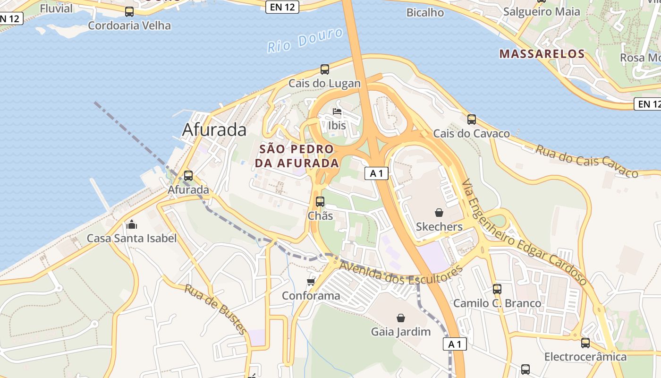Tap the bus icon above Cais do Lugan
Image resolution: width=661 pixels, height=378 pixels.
325,69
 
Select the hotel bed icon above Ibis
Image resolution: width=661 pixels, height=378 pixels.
337,112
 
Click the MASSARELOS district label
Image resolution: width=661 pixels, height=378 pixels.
542,54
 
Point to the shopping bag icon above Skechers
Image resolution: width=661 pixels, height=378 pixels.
439,213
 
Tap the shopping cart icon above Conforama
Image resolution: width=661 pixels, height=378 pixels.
311,282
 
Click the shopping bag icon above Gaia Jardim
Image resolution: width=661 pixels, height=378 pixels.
401,318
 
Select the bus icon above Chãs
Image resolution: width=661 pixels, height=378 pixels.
320,202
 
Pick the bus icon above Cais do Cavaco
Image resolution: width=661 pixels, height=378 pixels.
471,120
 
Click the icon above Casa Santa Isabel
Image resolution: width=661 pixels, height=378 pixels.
132,224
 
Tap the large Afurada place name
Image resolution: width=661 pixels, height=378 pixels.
214,130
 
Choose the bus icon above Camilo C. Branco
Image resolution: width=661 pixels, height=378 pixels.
497,289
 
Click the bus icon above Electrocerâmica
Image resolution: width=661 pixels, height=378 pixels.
585,343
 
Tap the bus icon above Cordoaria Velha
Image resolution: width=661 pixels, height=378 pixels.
129,12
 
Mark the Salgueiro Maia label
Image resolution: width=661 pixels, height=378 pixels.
542,12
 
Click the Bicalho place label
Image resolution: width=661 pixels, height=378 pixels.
425,13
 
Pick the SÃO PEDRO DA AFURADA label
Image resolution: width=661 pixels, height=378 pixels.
297,156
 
